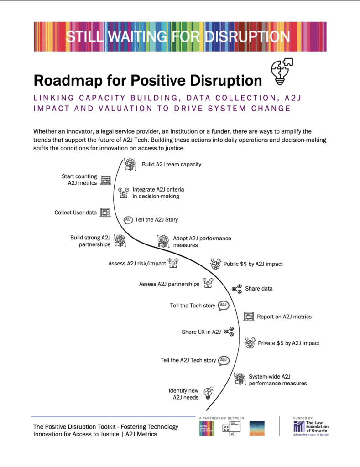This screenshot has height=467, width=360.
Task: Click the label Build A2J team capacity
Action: tap(171, 164)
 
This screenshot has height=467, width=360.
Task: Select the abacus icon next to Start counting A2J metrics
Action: tap(105, 180)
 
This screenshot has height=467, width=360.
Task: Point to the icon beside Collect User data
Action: tap(105, 213)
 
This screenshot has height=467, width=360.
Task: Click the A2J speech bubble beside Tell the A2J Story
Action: tap(128, 219)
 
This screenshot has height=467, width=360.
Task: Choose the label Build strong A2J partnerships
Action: tap(90, 241)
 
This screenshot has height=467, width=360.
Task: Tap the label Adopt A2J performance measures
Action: tap(202, 242)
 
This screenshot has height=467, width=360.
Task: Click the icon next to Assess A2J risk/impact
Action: tap(173, 263)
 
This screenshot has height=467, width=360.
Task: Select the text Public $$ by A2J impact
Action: tap(253, 264)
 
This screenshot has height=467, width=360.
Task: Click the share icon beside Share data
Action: tap(236, 289)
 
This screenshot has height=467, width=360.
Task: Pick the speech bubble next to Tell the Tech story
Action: tap(223, 306)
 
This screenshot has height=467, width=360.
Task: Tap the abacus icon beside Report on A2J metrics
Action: tap(249, 316)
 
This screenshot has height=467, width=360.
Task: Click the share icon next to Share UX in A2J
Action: tap(229, 332)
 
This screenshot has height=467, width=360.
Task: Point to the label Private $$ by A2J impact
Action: tap(288, 343)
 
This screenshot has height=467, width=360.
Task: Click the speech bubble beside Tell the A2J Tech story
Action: tap(224, 360)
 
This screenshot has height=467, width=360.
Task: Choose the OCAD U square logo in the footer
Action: tap(228, 429)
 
